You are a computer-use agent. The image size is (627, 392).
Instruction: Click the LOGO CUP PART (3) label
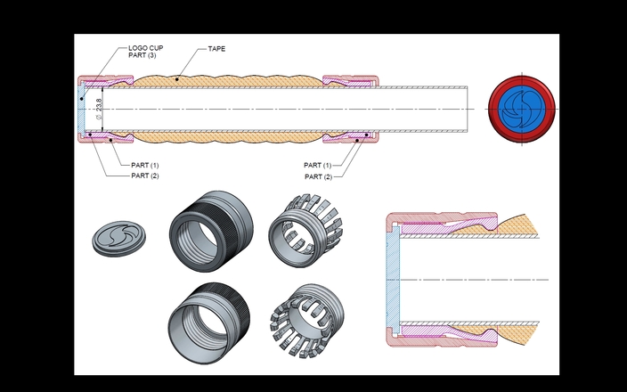pyautogui.click(x=145, y=52)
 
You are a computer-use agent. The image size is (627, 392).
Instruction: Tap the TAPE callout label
pyautogui.click(x=216, y=49)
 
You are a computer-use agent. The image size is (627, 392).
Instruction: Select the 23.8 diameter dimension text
pyautogui.click(x=99, y=105)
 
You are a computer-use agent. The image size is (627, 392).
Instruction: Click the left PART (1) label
pyautogui.click(x=145, y=165)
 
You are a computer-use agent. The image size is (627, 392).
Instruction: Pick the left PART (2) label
pyautogui.click(x=145, y=176)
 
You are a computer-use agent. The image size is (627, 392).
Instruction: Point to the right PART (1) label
pyautogui.click(x=317, y=165)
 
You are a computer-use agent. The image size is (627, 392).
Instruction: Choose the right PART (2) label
pyautogui.click(x=318, y=176)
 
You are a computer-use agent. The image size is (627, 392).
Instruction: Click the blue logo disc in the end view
pyautogui.click(x=522, y=109)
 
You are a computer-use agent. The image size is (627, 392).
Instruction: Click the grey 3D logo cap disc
pyautogui.click(x=118, y=239)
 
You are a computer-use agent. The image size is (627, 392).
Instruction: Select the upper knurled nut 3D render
pyautogui.click(x=211, y=232)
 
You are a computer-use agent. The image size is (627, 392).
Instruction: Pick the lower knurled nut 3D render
pyautogui.click(x=208, y=323)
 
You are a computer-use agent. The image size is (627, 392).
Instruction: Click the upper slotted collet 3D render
pyautogui.click(x=305, y=231)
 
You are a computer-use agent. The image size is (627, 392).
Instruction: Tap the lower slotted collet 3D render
pyautogui.click(x=307, y=320)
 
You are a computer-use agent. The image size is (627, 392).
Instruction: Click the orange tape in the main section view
pyautogui.click(x=228, y=81)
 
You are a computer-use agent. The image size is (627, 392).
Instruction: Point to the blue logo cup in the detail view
pyautogui.click(x=393, y=280)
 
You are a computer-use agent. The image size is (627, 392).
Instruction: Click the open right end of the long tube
pyautogui.click(x=468, y=109)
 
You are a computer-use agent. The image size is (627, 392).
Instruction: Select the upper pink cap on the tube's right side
pyautogui.click(x=350, y=80)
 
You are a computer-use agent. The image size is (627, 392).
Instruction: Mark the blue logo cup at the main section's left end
pyautogui.click(x=81, y=109)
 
